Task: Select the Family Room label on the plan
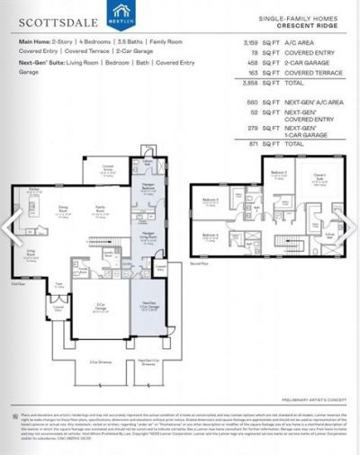click(x=101, y=209)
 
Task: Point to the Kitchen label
click(x=34, y=190)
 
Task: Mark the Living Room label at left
click(x=30, y=254)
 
